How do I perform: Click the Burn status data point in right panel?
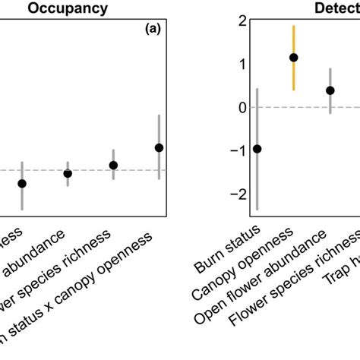coord(257,149)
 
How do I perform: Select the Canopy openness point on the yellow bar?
coord(294,57)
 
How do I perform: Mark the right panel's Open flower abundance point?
coord(330,90)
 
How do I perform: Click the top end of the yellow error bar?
coord(294,26)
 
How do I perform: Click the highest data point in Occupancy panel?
coord(159,147)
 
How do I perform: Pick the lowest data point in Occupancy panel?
coord(22,183)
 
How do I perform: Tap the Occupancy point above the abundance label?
coord(68,173)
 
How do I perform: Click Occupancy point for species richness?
coord(113,165)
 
